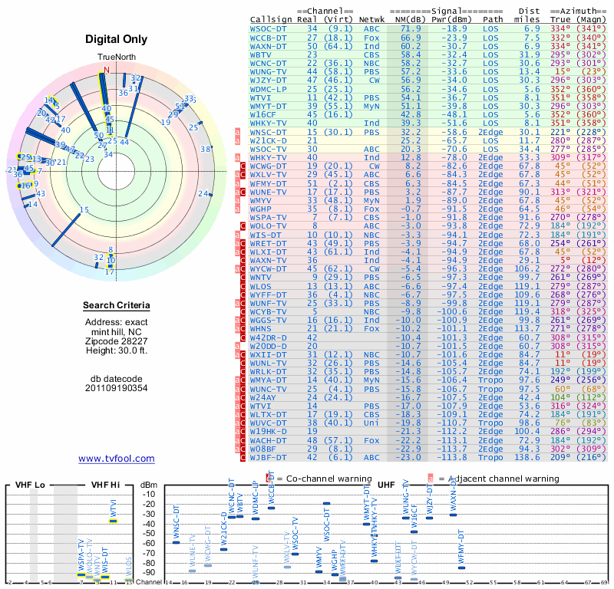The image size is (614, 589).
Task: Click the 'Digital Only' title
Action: [117, 39]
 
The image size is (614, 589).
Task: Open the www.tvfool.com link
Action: [117, 459]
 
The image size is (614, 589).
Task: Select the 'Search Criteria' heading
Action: [117, 306]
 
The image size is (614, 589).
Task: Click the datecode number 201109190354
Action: [117, 388]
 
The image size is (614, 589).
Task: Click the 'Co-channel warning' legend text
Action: [323, 479]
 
